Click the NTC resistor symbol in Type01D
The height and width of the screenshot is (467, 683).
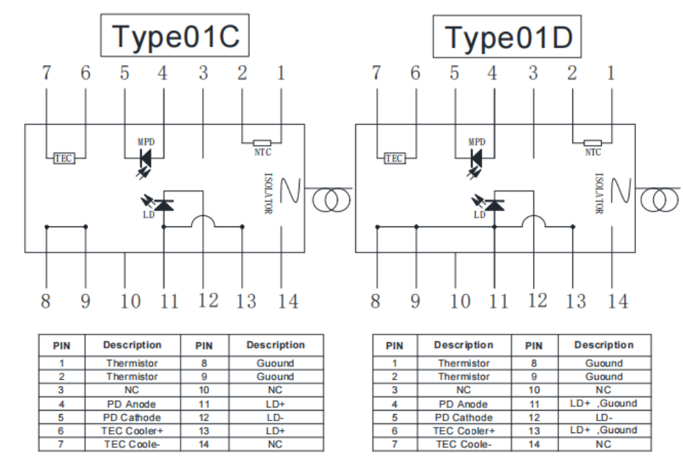(x=592, y=142)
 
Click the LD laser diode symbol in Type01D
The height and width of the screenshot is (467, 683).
(x=496, y=205)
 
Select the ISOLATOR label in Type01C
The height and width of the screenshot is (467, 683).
(x=268, y=193)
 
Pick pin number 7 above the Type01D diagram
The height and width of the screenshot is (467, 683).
(x=376, y=73)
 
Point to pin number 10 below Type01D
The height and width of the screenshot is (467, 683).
(x=460, y=302)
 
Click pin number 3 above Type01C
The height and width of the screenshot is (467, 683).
(x=203, y=73)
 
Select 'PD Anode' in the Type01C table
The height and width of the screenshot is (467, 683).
(x=133, y=404)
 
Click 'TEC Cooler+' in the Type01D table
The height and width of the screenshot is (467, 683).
(x=463, y=430)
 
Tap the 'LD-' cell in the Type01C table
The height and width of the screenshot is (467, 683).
(x=275, y=417)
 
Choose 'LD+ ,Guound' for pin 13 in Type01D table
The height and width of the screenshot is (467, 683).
(x=603, y=430)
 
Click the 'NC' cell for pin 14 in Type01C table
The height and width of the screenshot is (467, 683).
(x=275, y=444)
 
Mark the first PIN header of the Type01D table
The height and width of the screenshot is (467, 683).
(x=395, y=346)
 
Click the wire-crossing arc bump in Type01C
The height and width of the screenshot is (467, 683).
(x=203, y=221)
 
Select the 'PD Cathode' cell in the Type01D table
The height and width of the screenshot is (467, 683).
(x=463, y=417)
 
